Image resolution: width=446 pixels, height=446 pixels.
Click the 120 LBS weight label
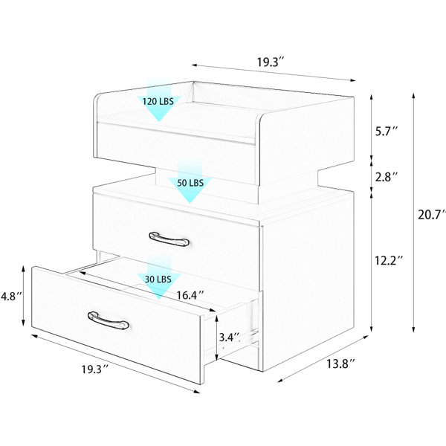point(158,101)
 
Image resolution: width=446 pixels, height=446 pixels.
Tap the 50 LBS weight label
point(190,183)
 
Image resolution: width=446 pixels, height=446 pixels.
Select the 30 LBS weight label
point(158,279)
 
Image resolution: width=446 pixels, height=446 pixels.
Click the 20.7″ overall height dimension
point(431,215)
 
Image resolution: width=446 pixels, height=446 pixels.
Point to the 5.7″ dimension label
point(387,132)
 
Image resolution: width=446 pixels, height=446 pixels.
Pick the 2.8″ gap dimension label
point(387,177)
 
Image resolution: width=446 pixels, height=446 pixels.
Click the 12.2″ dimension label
point(389,260)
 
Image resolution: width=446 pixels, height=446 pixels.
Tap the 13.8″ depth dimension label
point(340,363)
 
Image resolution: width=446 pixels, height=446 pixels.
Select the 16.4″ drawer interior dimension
point(190,295)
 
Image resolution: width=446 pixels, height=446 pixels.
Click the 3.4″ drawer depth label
point(230,337)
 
